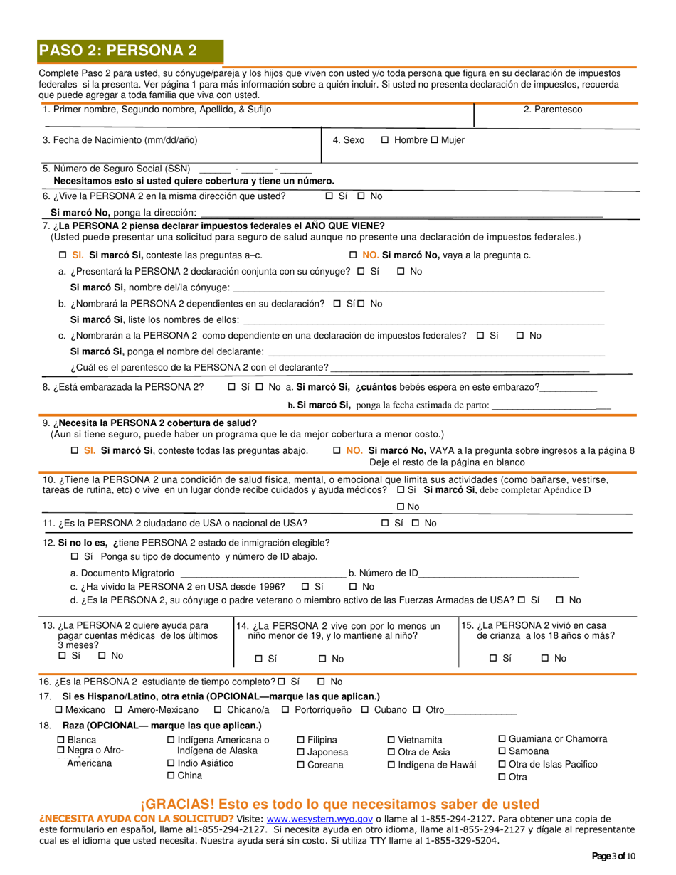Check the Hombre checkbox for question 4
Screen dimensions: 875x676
[385, 140]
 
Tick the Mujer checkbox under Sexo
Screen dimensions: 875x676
[434, 140]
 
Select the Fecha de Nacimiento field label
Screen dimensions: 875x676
[120, 140]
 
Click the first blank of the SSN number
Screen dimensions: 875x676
[216, 169]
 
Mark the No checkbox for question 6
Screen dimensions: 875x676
[361, 196]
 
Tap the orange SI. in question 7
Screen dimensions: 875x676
[78, 255]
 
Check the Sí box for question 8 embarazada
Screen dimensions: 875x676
[231, 387]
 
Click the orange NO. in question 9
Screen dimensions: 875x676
[354, 450]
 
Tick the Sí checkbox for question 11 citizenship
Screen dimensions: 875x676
[385, 524]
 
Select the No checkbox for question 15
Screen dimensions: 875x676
[545, 659]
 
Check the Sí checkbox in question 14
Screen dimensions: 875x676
[259, 659]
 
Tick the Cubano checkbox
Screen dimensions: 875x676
[365, 710]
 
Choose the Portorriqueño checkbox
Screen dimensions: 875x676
[285, 710]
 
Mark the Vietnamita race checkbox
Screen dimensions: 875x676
[391, 740]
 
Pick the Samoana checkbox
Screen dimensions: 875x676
[502, 751]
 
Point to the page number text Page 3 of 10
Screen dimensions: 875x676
[613, 856]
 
